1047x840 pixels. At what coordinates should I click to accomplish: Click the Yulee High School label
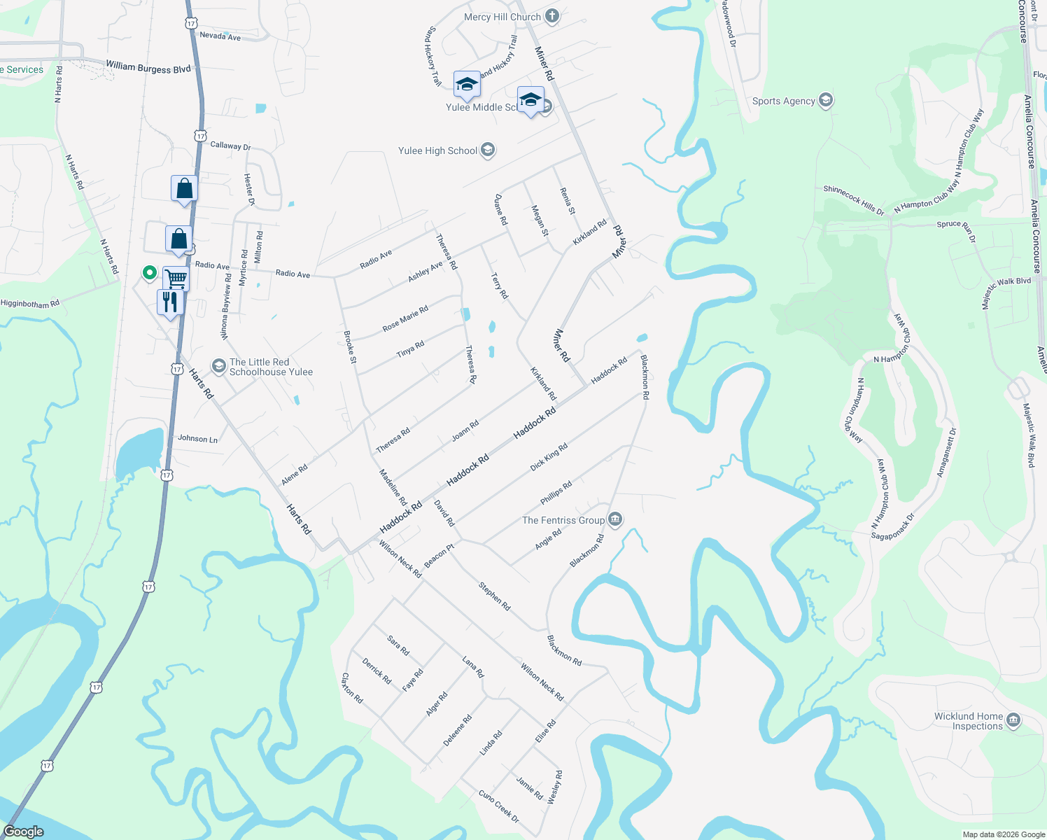pyautogui.click(x=437, y=150)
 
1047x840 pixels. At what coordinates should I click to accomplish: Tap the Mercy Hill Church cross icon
pyautogui.click(x=552, y=16)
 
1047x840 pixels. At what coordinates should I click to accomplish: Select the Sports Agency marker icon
pyautogui.click(x=826, y=100)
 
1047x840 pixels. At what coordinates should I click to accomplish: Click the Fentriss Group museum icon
pyautogui.click(x=615, y=519)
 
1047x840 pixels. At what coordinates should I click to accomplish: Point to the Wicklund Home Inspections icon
pyautogui.click(x=1013, y=720)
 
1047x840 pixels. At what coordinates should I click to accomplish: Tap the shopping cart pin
pyautogui.click(x=176, y=279)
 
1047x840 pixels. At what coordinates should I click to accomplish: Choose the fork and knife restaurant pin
pyautogui.click(x=170, y=302)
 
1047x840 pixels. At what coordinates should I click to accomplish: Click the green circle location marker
pyautogui.click(x=149, y=272)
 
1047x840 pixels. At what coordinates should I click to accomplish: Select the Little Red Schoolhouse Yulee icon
pyautogui.click(x=219, y=366)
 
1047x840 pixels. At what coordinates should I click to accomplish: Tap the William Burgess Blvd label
pyautogui.click(x=148, y=67)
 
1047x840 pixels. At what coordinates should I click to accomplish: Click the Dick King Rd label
pyautogui.click(x=549, y=456)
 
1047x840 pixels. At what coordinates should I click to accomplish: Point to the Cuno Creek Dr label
pyautogui.click(x=499, y=806)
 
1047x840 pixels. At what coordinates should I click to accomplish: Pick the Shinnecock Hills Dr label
pyautogui.click(x=853, y=199)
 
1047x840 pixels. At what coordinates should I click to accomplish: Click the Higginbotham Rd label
pyautogui.click(x=30, y=304)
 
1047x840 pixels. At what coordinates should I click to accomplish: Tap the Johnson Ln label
pyautogui.click(x=197, y=438)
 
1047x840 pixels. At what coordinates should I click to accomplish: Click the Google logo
pyautogui.click(x=23, y=832)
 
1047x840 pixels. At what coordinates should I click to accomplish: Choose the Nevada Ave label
pyautogui.click(x=220, y=36)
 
